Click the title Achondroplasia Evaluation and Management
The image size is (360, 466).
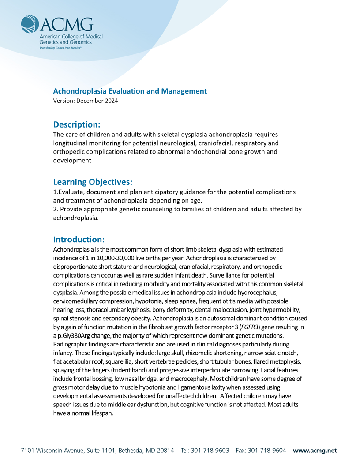[130, 91]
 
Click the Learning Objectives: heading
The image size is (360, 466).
[93, 182]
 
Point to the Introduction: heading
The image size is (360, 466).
[79, 240]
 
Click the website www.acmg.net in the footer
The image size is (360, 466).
[315, 451]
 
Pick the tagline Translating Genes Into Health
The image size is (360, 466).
[60, 48]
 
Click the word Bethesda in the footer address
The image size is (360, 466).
[127, 451]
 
